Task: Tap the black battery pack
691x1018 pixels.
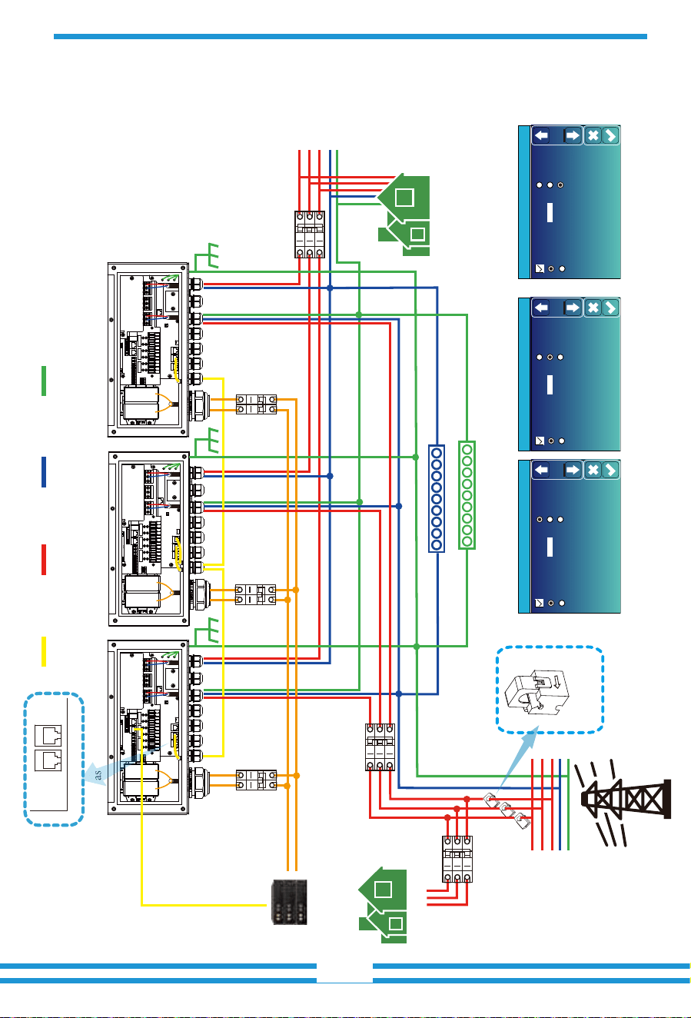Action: click(x=289, y=902)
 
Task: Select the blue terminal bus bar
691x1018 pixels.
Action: click(x=436, y=498)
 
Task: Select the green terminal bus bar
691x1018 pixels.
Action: click(x=467, y=495)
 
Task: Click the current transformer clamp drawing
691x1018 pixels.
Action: click(x=537, y=691)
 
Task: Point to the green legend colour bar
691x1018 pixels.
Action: click(x=44, y=381)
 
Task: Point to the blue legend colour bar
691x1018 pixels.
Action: click(x=44, y=472)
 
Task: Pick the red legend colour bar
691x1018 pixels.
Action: click(x=44, y=560)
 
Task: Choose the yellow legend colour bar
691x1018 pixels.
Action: click(x=44, y=652)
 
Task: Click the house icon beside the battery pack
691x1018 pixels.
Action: click(x=383, y=905)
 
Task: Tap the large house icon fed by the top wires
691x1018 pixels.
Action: click(x=404, y=215)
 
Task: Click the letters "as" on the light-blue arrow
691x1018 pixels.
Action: click(x=98, y=774)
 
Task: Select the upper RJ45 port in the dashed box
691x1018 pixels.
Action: click(x=48, y=735)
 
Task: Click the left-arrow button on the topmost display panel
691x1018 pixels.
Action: click(x=540, y=135)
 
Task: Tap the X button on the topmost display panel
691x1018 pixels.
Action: click(x=593, y=135)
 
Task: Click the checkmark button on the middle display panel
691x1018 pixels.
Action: click(x=610, y=308)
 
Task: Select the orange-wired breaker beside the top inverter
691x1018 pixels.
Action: click(x=256, y=404)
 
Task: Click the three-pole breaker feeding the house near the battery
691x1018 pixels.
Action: click(x=457, y=859)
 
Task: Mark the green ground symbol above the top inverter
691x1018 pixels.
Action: click(x=207, y=257)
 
